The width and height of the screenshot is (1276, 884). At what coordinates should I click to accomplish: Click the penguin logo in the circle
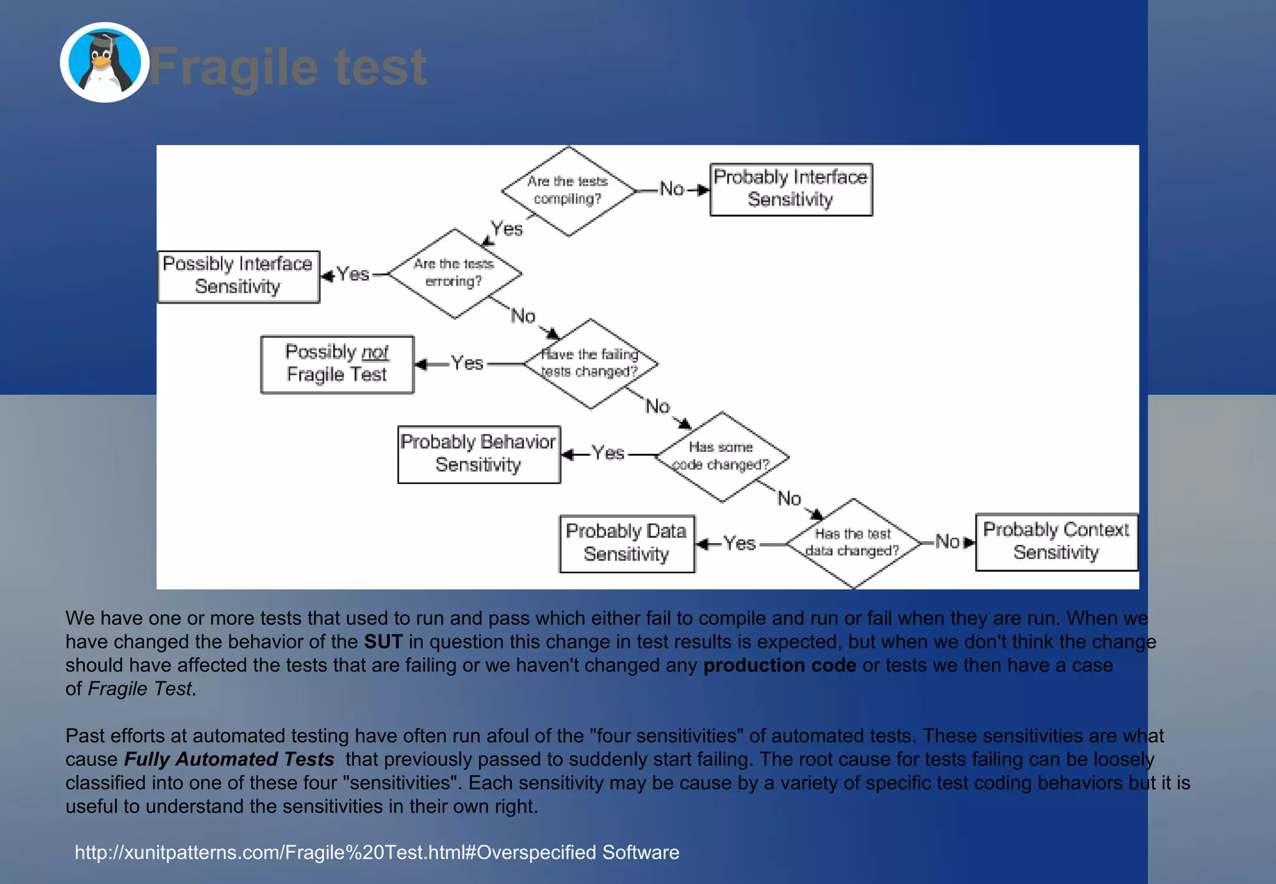pyautogui.click(x=105, y=63)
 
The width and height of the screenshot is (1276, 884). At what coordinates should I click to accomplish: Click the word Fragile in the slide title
pyautogui.click(x=234, y=67)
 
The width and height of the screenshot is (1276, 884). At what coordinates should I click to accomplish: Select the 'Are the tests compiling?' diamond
pyautogui.click(x=568, y=191)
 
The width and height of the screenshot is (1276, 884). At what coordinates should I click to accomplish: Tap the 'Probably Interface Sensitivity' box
pyautogui.click(x=791, y=190)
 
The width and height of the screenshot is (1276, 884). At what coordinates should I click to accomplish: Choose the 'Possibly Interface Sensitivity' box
pyautogui.click(x=239, y=276)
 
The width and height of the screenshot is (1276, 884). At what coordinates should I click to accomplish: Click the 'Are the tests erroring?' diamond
pyautogui.click(x=454, y=274)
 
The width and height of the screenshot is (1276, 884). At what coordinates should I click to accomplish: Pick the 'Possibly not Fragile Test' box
pyautogui.click(x=337, y=364)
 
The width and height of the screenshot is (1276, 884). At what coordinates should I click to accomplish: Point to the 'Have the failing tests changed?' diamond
pyautogui.click(x=590, y=363)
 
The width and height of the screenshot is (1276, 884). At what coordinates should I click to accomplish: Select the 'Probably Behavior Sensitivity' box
pyautogui.click(x=478, y=454)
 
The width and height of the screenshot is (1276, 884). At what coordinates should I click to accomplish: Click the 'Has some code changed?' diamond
pyautogui.click(x=721, y=456)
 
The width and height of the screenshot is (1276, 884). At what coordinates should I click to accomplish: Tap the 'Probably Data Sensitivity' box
pyautogui.click(x=627, y=543)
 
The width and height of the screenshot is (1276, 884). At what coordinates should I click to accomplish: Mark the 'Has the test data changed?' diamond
pyautogui.click(x=853, y=543)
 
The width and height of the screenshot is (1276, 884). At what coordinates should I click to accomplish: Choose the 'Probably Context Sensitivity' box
pyautogui.click(x=1056, y=542)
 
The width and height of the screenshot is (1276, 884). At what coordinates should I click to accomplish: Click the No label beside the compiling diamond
pyautogui.click(x=672, y=189)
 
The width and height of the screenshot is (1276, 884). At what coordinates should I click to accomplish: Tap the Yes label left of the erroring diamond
pyautogui.click(x=353, y=274)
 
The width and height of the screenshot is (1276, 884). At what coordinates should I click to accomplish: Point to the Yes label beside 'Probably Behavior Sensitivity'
pyautogui.click(x=607, y=453)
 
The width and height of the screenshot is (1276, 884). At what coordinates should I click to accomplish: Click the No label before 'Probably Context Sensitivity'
pyautogui.click(x=947, y=542)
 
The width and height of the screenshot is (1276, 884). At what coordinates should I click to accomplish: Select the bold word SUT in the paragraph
pyautogui.click(x=383, y=641)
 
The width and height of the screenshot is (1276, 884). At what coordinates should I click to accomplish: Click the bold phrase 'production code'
pyautogui.click(x=779, y=665)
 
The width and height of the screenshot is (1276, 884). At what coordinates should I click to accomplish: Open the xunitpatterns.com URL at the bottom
pyautogui.click(x=377, y=852)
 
